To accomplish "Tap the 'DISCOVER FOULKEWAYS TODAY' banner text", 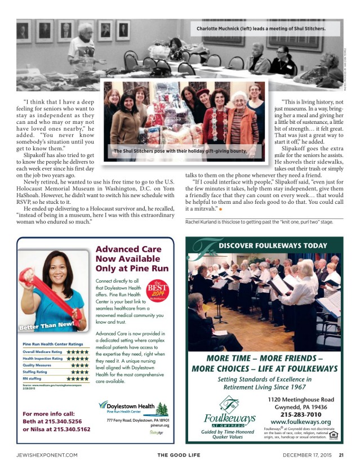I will [x=272, y=245].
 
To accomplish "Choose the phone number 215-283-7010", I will [x=300, y=414].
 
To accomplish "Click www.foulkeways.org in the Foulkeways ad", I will [x=300, y=422].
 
